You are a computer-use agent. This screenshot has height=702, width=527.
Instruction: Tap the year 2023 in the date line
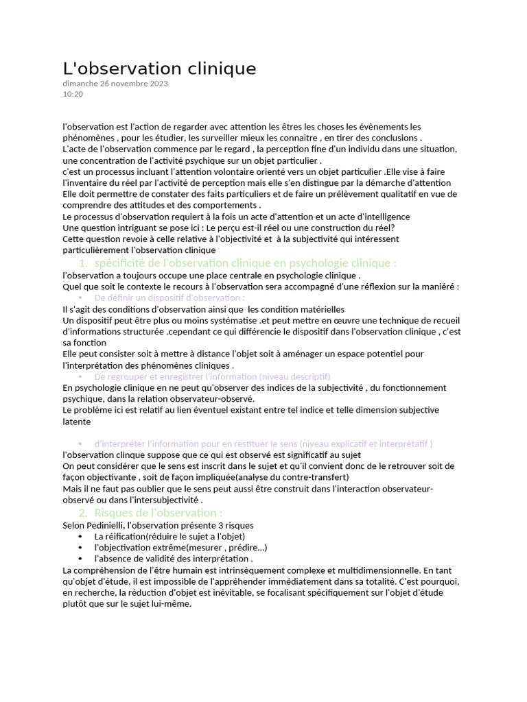pos(157,84)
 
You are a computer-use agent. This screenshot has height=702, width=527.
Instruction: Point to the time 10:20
pos(73,94)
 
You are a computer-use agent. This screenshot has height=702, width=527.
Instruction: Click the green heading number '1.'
pos(83,263)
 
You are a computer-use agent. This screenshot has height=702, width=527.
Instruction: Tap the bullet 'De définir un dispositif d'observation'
pos(169,298)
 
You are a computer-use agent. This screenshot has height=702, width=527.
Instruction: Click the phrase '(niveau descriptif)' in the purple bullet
pos(294,376)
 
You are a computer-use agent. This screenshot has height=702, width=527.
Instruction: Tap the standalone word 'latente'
pos(76,422)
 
